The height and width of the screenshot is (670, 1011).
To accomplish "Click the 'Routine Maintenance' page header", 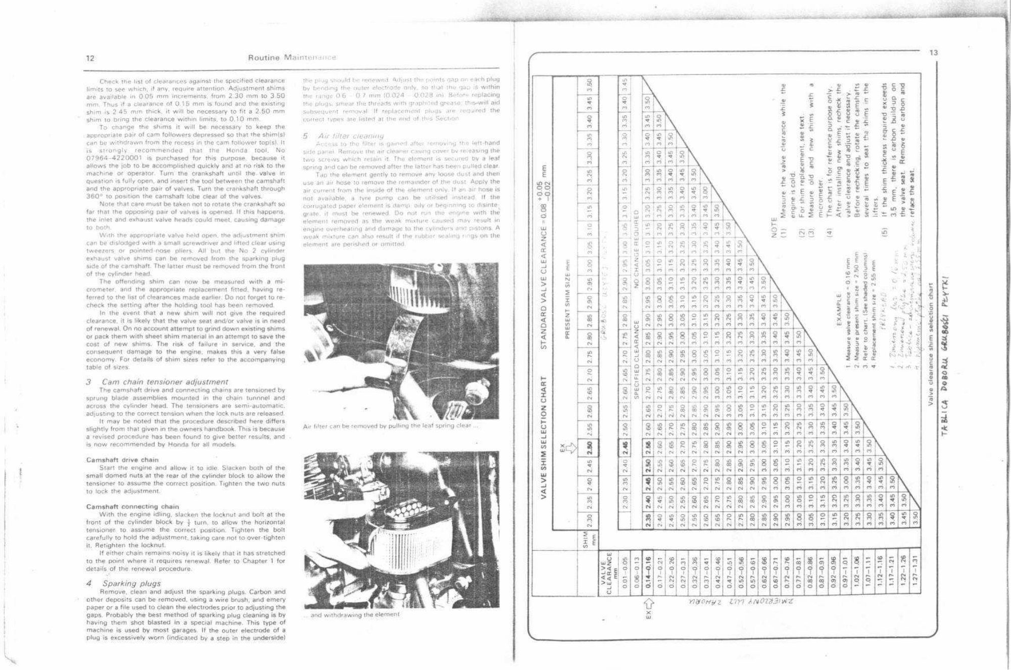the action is tap(292, 58).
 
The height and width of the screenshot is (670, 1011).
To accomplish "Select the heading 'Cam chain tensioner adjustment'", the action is tap(165, 382).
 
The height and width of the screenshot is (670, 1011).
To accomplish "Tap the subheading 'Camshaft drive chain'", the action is tap(122, 460).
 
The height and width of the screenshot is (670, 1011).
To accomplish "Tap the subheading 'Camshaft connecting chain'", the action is tap(132, 506).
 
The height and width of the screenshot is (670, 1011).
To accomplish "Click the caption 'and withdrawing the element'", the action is tap(355, 615).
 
